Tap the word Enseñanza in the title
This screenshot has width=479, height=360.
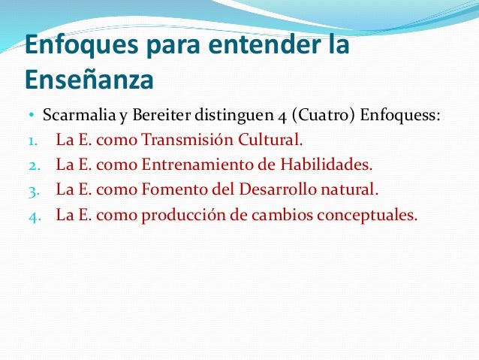pyautogui.click(x=89, y=79)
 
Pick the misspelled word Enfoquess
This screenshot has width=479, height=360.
pyautogui.click(x=400, y=116)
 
